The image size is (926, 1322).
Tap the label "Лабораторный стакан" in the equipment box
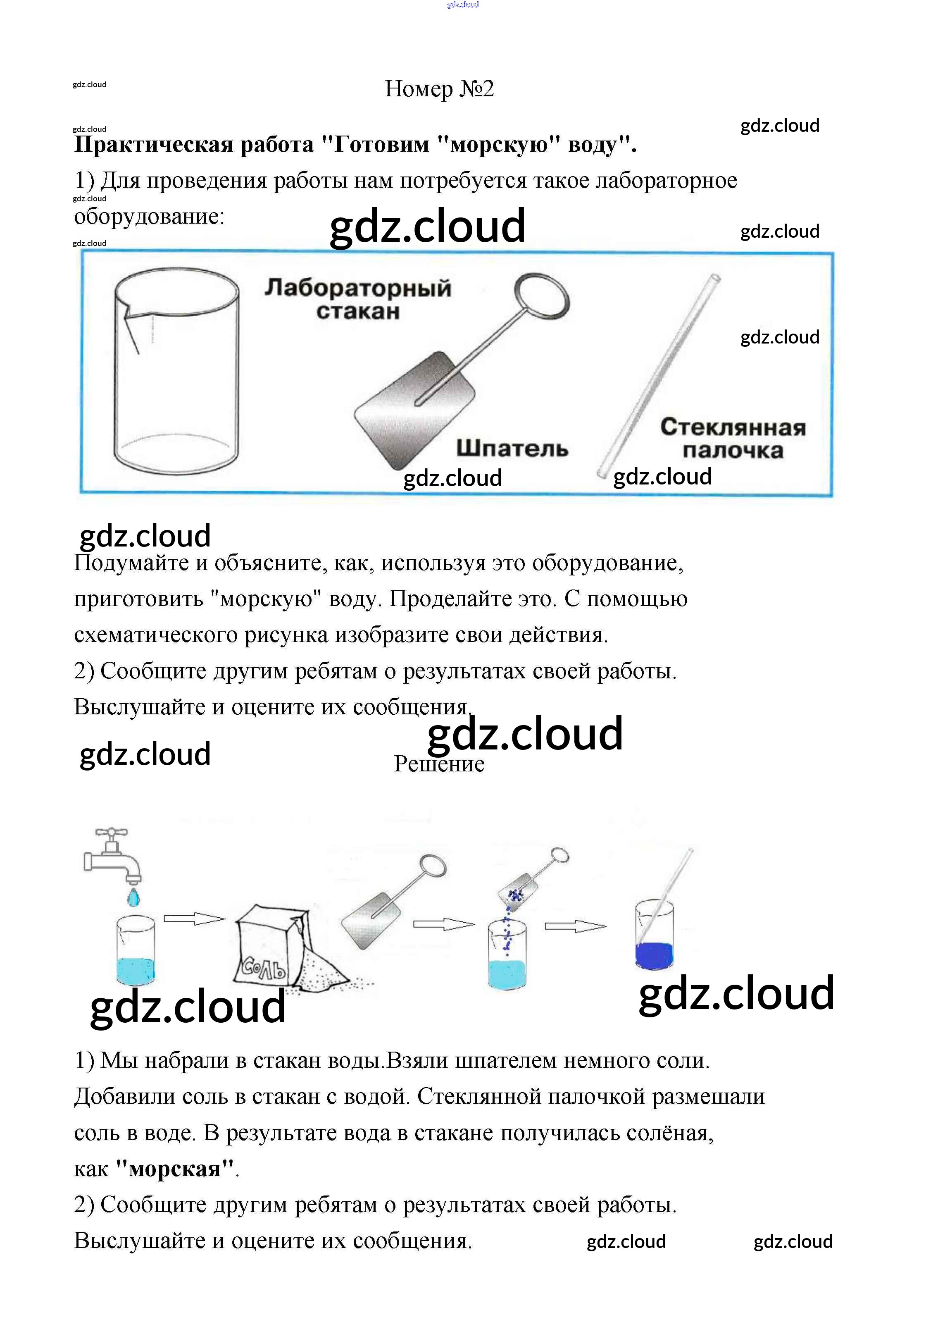coord(358,299)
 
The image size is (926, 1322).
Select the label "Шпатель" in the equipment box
coord(512,448)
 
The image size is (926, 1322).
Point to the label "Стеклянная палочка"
coord(732,439)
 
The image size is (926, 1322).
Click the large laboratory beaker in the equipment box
coord(176,374)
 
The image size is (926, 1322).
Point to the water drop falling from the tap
coord(133,897)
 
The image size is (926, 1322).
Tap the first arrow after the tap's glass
coord(194,919)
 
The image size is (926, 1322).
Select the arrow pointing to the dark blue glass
coord(575,926)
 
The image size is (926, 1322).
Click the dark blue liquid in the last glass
coord(654,956)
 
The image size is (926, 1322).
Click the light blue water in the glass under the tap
coord(136,970)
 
